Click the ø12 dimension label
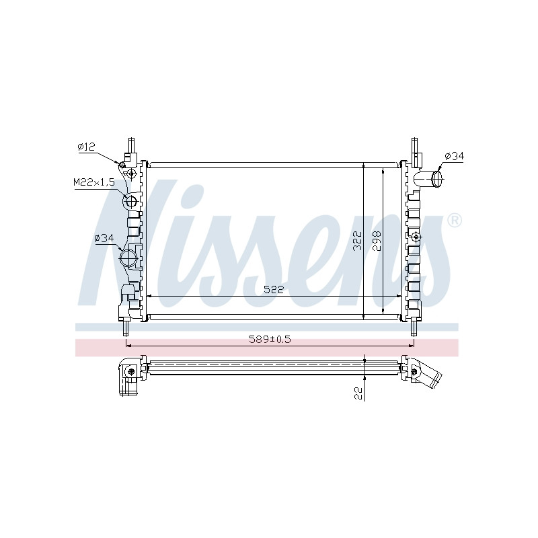(86, 147)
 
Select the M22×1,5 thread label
(94, 182)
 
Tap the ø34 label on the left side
(104, 238)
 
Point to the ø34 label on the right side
(455, 156)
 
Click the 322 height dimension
(358, 241)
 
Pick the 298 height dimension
(377, 241)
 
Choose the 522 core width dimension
(274, 290)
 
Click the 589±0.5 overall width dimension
(270, 340)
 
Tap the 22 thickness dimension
(358, 393)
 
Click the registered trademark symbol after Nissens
(455, 221)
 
